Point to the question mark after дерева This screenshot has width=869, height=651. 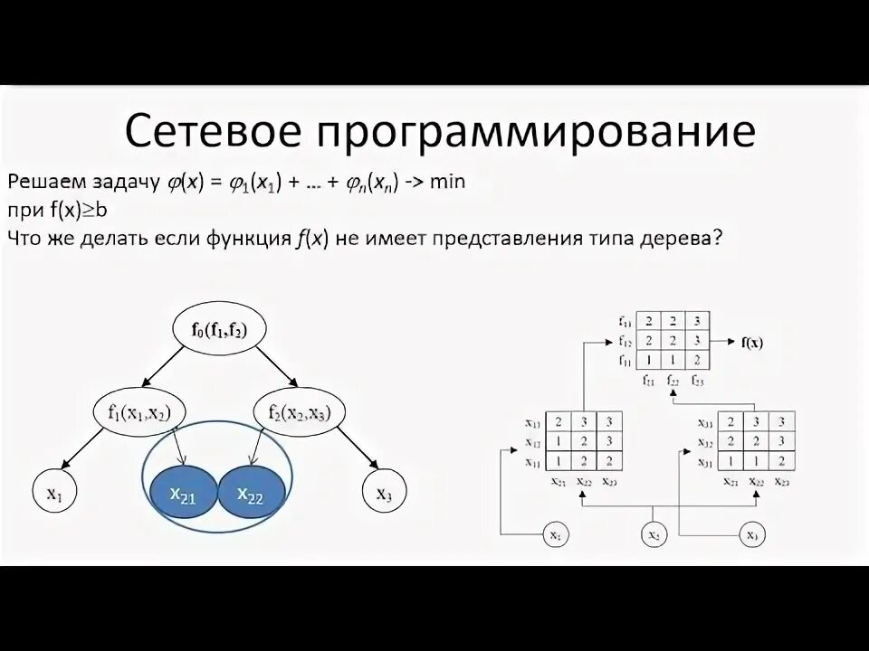718,238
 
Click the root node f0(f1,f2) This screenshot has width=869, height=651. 218,331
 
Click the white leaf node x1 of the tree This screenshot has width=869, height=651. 54,493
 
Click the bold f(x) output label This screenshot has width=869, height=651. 751,342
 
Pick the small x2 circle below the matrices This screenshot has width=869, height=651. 653,536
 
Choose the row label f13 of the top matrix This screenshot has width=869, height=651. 625,322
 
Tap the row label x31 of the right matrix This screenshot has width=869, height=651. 704,462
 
